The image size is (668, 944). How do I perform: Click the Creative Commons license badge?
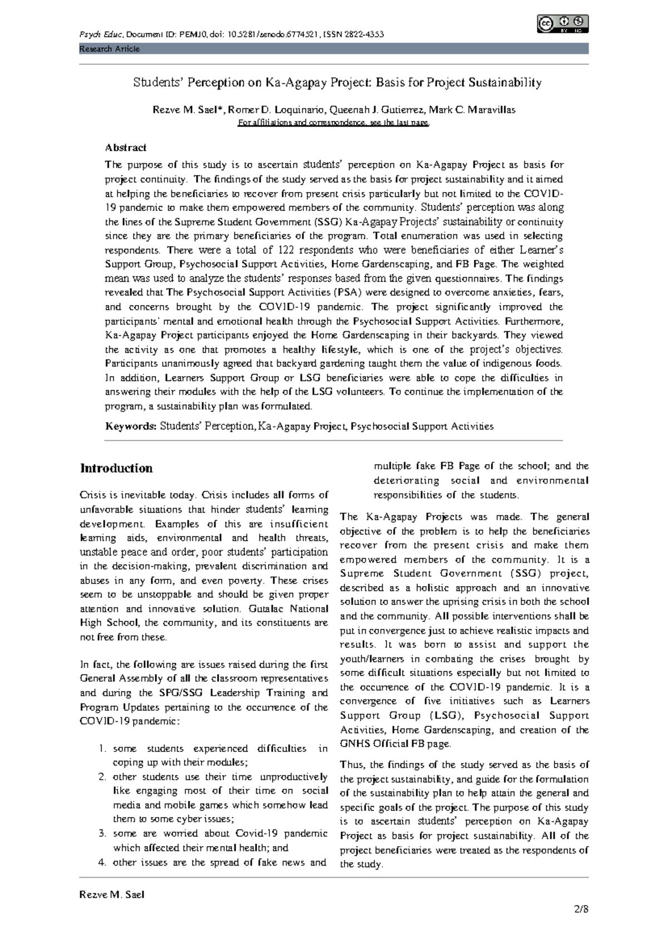563,24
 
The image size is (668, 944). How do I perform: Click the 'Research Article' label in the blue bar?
109,49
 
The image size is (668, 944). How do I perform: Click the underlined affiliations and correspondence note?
333,123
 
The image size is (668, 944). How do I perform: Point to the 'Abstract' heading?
126,147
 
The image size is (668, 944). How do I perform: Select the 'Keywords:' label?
131,426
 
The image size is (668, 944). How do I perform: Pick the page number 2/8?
581,909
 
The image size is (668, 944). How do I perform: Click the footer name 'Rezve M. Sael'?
112,894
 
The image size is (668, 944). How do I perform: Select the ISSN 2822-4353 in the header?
353,35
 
